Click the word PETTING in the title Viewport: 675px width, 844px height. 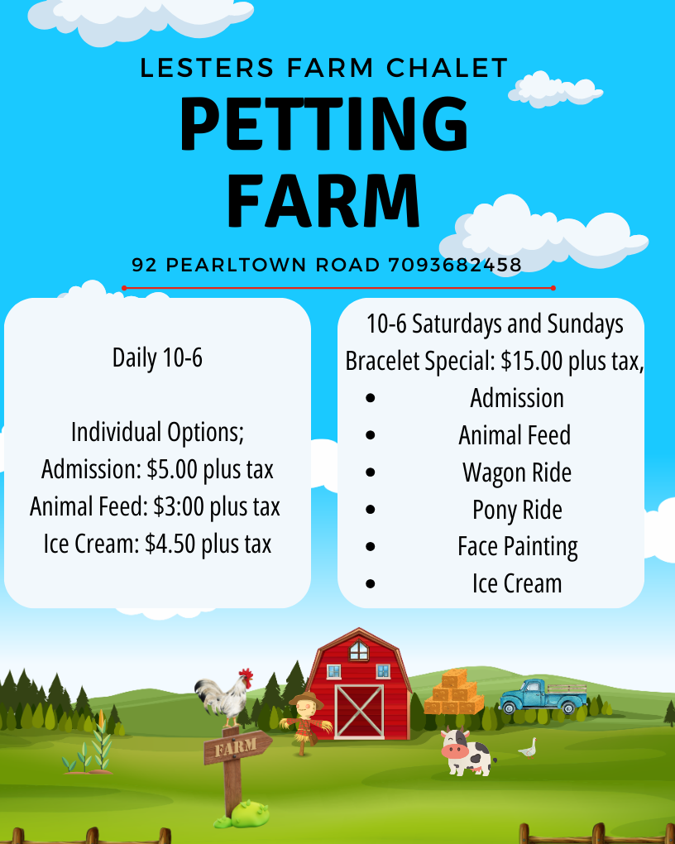tap(323, 124)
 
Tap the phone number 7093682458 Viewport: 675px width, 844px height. tap(455, 265)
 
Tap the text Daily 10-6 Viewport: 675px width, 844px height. tap(157, 357)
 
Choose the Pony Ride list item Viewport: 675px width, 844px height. tap(517, 510)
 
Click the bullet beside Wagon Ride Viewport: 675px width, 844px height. tap(371, 472)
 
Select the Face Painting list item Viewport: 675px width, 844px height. tap(517, 547)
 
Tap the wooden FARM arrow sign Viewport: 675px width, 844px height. tap(237, 747)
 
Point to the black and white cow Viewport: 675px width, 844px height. tap(467, 751)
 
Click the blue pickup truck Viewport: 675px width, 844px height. tap(543, 696)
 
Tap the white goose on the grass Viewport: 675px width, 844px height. tap(528, 748)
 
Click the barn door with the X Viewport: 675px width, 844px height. tap(359, 711)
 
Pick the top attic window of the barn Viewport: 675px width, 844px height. tap(358, 650)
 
